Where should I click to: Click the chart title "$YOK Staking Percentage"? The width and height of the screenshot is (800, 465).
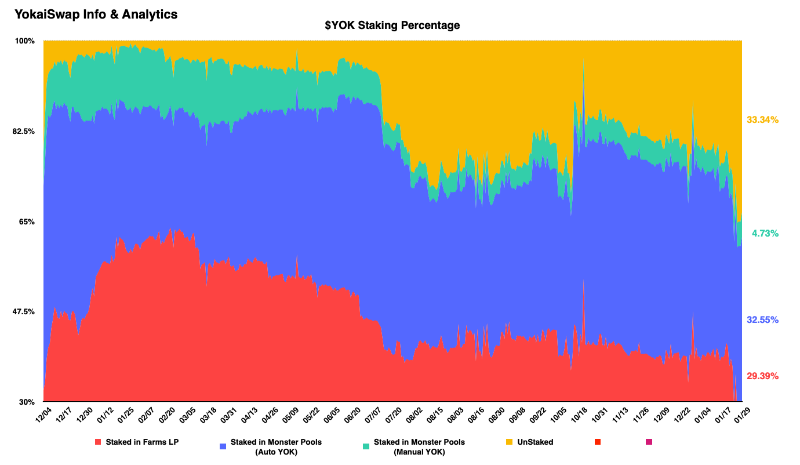pyautogui.click(x=392, y=26)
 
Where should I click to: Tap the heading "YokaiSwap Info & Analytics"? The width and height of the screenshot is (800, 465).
pyautogui.click(x=96, y=14)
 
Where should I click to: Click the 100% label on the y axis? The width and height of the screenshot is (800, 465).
pyautogui.click(x=26, y=41)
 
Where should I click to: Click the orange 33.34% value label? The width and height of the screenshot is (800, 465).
pyautogui.click(x=762, y=120)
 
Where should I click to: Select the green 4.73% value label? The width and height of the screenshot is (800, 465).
pyautogui.click(x=765, y=234)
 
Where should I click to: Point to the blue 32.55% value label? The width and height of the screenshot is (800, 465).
pyautogui.click(x=762, y=320)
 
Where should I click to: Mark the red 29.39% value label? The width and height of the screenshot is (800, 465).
pyautogui.click(x=762, y=376)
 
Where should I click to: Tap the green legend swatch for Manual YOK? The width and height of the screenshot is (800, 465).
pyautogui.click(x=366, y=446)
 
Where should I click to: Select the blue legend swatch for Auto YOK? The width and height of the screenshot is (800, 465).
pyautogui.click(x=223, y=446)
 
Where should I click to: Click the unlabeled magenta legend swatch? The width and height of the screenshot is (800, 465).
pyautogui.click(x=649, y=442)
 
